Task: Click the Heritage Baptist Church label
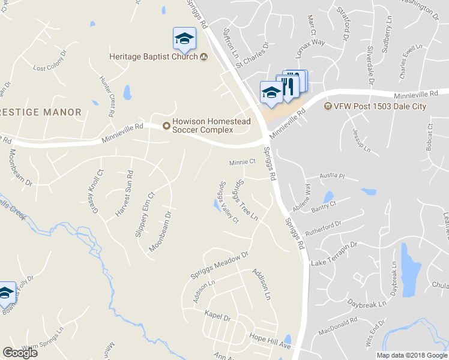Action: (154, 57)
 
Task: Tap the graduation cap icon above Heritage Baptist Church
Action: (184, 40)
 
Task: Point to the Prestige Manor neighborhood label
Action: (41, 112)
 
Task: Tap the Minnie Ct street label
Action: (243, 162)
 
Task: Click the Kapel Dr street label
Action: (217, 315)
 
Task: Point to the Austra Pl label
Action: (333, 177)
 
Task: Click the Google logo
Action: (20, 353)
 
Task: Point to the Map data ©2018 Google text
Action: (412, 355)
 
